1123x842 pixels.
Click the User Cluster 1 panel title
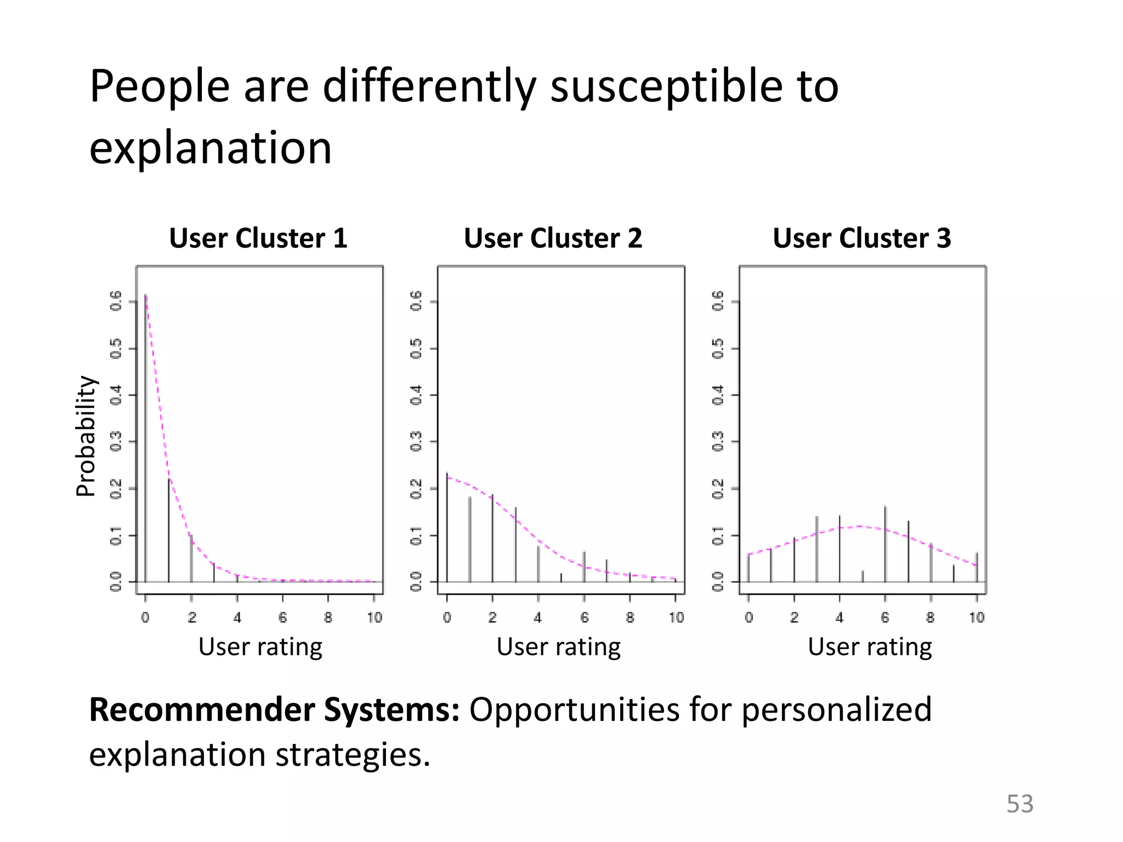point(258,238)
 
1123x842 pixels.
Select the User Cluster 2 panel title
point(553,238)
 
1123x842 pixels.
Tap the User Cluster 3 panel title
point(861,238)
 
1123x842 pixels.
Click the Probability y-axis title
point(86,436)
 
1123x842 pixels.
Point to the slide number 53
point(1019,804)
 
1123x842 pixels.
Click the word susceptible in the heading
point(667,87)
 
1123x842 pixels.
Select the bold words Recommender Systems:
point(274,710)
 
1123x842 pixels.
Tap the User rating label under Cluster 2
point(558,647)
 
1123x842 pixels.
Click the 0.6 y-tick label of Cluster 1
point(116,301)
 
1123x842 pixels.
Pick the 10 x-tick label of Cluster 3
point(977,618)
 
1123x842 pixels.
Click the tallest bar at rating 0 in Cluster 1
point(146,439)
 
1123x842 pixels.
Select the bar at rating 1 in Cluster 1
point(168,531)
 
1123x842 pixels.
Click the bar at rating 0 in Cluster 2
point(447,527)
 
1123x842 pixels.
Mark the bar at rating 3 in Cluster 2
point(515,545)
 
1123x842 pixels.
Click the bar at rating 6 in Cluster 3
point(885,544)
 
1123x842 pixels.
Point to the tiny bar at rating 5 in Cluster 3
point(863,576)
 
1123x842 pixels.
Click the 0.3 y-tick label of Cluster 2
point(416,441)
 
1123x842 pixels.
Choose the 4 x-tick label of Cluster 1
point(237,618)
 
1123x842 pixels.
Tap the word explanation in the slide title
point(211,148)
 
